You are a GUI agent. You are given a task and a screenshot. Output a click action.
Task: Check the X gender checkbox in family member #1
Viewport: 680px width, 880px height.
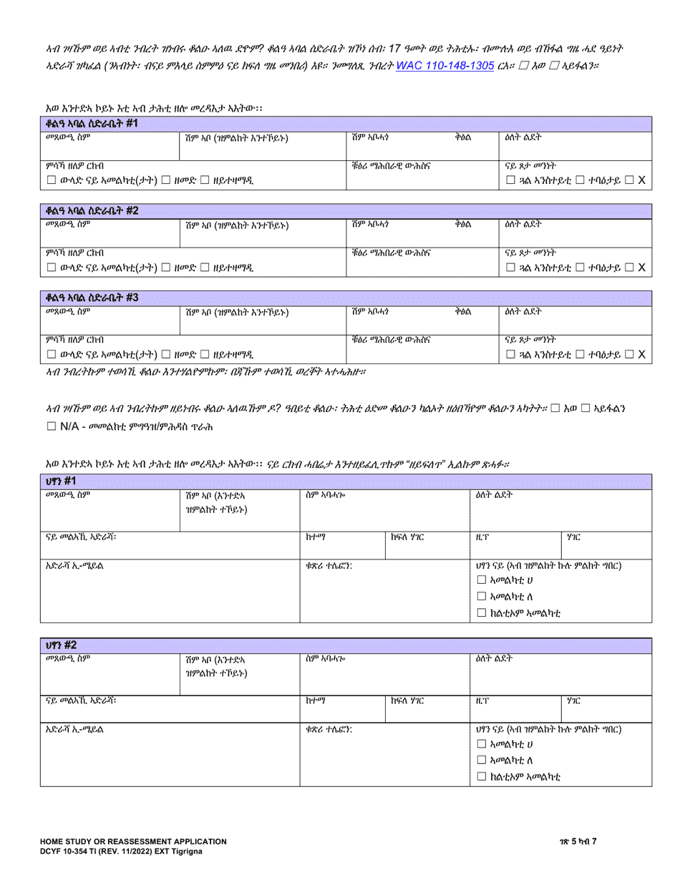tap(628, 181)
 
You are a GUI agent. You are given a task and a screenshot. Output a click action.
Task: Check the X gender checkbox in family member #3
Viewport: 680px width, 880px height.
tap(628, 353)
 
